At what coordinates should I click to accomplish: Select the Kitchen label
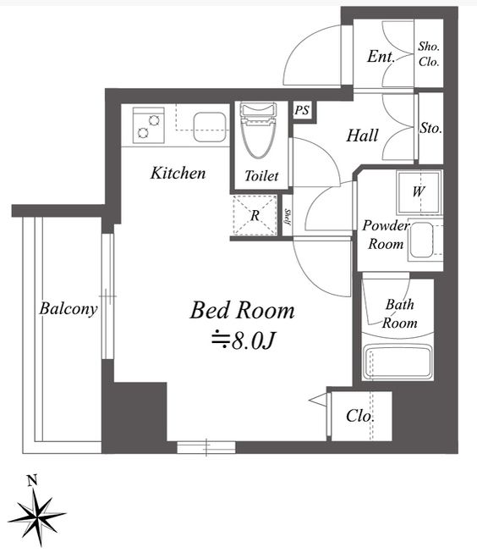point(178,174)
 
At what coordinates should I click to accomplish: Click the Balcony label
point(68,308)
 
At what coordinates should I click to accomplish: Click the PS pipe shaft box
point(301,110)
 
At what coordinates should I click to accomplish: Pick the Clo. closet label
point(360,417)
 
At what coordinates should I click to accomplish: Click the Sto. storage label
point(430,128)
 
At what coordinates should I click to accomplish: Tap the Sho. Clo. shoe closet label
point(430,55)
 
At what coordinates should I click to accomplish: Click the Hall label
point(362,135)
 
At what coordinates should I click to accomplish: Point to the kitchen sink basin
point(207,127)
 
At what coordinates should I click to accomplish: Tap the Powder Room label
point(385,234)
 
